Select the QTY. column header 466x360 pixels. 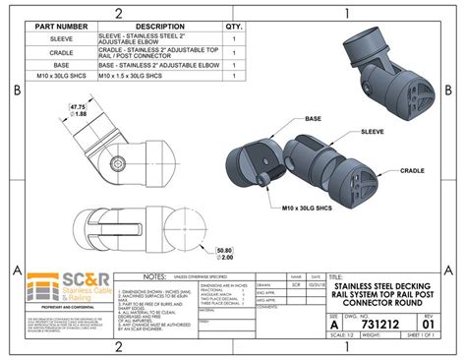[x=234, y=27]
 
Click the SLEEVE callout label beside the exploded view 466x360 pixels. [x=373, y=131]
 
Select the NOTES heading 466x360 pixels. [x=159, y=277]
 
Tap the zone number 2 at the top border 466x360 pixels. [x=116, y=12]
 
